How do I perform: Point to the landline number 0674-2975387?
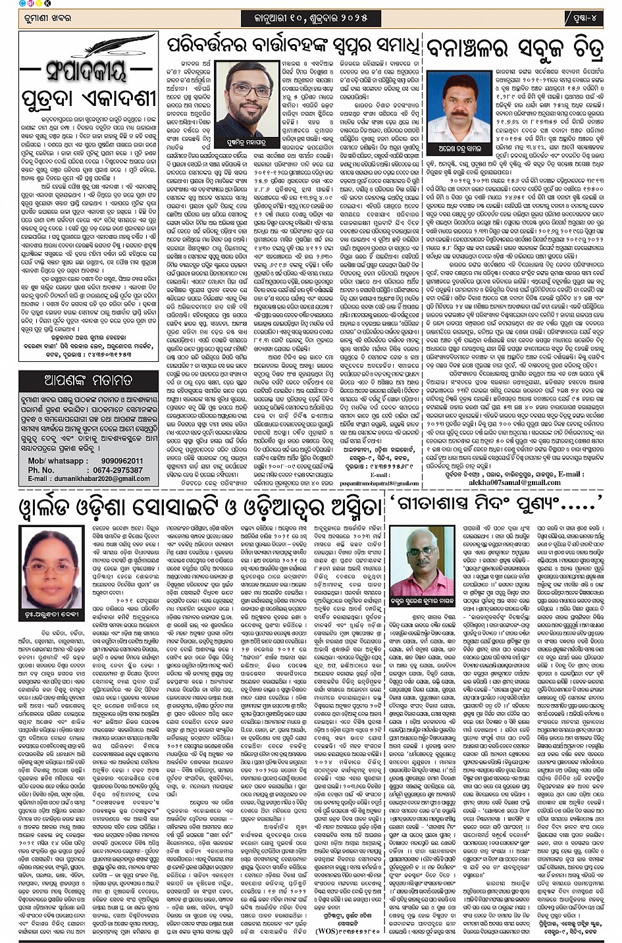pyautogui.click(x=118, y=470)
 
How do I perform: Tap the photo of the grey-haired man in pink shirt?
pyautogui.click(x=421, y=561)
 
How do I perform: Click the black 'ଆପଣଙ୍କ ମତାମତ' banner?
pyautogui.click(x=88, y=381)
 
